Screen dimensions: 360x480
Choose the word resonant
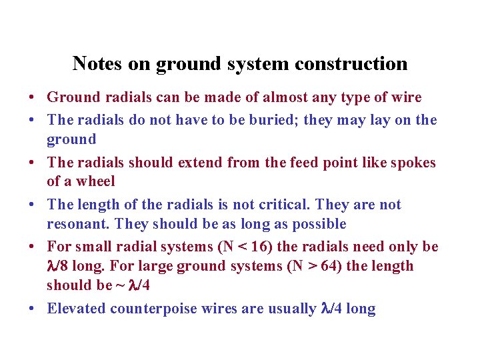click(75, 223)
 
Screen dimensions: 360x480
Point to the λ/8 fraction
click(59, 266)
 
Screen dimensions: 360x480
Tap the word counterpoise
click(154, 309)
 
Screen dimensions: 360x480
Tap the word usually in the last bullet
click(288, 309)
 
